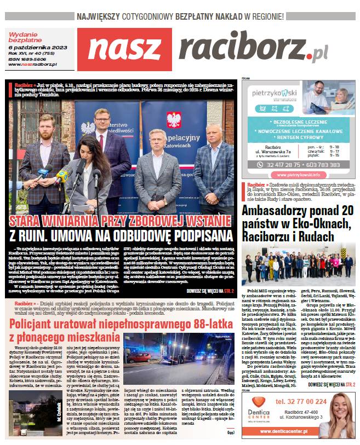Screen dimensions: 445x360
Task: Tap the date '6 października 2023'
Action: click(x=33, y=48)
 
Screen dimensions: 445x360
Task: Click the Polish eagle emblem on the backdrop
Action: click(x=173, y=120)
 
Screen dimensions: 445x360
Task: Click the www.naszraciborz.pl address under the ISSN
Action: click(x=33, y=65)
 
